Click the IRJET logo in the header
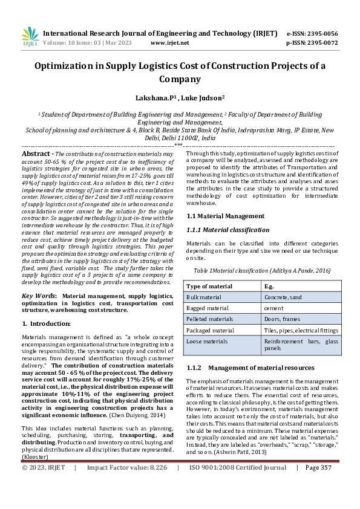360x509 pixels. click(30, 37)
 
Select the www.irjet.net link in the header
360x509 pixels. click(169, 43)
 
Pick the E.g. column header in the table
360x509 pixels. click(270, 286)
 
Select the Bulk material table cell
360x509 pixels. click(205, 297)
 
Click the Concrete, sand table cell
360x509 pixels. click(284, 297)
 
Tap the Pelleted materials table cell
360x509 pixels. click(209, 319)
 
